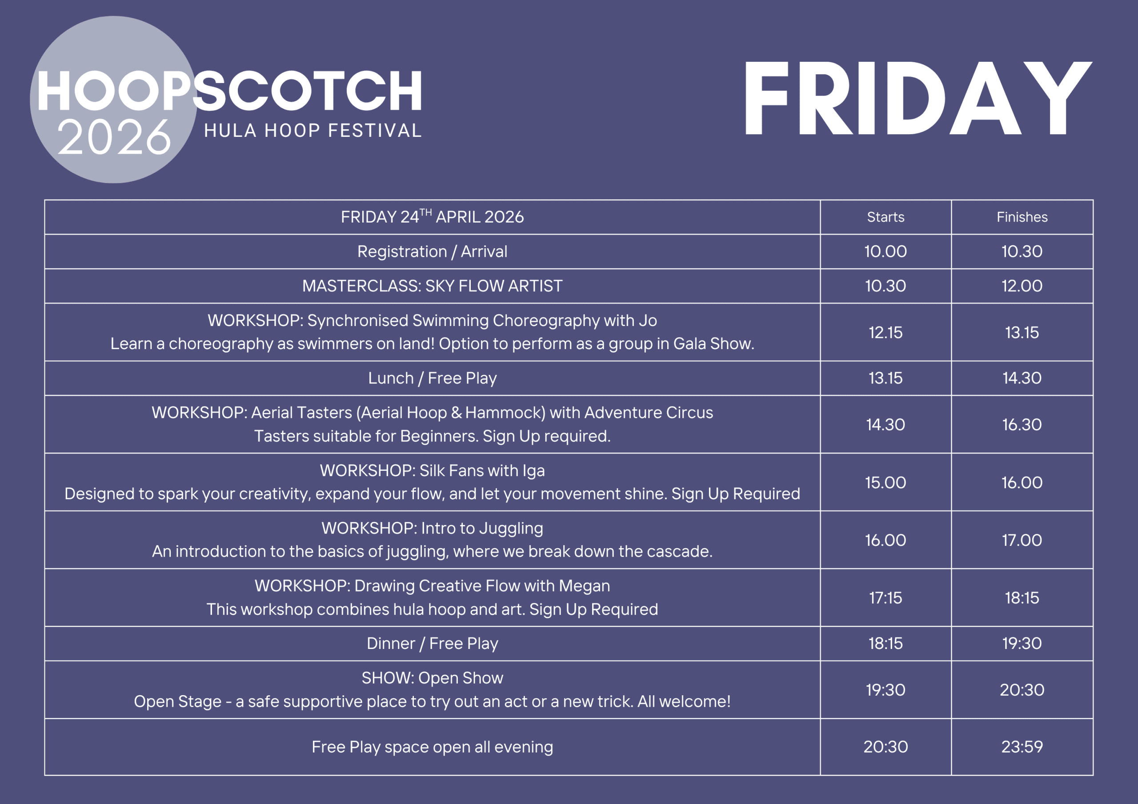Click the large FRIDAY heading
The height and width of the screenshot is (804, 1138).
pos(918,98)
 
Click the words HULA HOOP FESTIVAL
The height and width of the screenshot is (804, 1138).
pos(313,131)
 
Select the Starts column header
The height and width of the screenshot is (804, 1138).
pos(885,217)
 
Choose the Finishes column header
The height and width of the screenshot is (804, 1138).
pos(1022,217)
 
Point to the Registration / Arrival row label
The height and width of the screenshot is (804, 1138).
pos(432,252)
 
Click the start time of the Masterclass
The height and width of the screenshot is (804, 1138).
pos(885,286)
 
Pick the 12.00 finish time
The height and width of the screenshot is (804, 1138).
pos(1022,286)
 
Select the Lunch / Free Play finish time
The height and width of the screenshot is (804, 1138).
pos(1022,378)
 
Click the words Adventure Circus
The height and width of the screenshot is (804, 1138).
pos(649,413)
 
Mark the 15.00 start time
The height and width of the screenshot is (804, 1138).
pos(885,482)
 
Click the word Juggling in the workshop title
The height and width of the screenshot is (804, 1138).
pos(512,529)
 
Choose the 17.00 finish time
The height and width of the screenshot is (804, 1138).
pos(1022,540)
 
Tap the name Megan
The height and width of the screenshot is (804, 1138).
pos(585,586)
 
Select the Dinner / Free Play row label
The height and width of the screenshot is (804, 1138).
pos(432,644)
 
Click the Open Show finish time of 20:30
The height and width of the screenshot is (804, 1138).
pos(1022,689)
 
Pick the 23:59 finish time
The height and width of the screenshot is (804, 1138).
pos(1022,747)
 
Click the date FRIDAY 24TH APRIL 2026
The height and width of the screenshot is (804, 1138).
pos(432,216)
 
